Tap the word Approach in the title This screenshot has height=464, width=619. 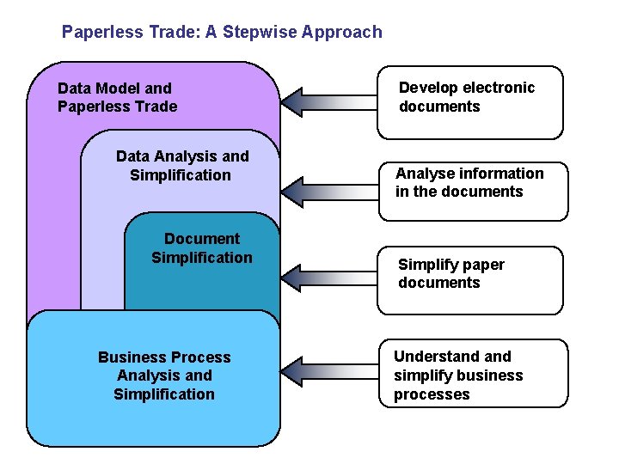point(337,33)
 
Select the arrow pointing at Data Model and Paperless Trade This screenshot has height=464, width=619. point(329,101)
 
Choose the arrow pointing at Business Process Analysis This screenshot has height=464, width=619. point(329,371)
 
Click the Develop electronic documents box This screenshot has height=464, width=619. point(470,102)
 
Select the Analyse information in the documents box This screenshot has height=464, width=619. point(474,191)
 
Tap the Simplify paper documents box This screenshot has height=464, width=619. point(470,280)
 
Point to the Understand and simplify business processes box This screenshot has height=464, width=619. point(474,373)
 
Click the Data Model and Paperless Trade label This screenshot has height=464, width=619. point(117,97)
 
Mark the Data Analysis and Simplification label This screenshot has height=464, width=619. point(181,166)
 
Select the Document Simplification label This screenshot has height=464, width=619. point(202,248)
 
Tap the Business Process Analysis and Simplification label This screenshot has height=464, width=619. point(164,375)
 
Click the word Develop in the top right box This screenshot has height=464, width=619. point(428,88)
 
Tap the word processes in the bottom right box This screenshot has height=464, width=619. point(432,394)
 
